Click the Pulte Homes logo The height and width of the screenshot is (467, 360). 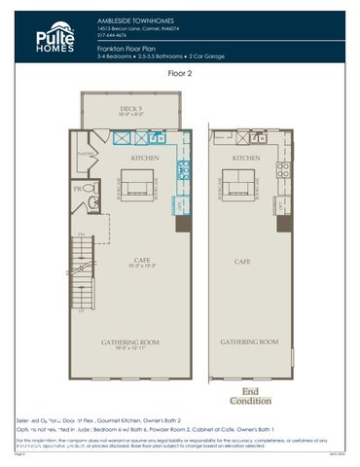pyautogui.click(x=56, y=36)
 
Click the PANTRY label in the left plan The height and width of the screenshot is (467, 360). pyautogui.click(x=84, y=154)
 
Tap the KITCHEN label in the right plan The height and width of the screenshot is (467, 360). pyautogui.click(x=245, y=157)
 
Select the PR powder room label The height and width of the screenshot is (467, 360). pyautogui.click(x=77, y=190)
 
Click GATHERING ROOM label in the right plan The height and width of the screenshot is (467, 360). pyautogui.click(x=248, y=342)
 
